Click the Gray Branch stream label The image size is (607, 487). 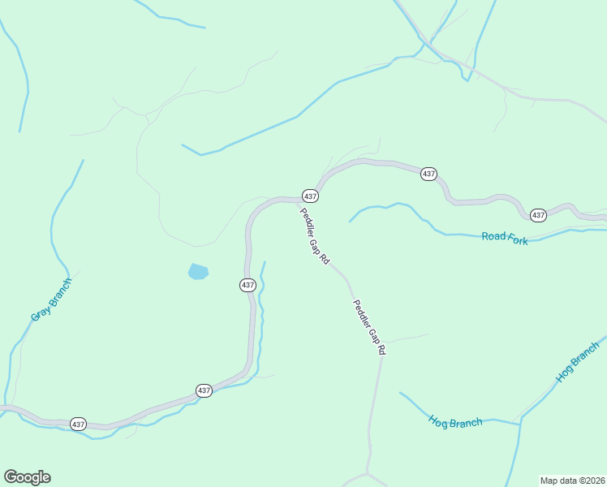pos(51,300)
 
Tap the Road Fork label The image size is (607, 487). pos(504,238)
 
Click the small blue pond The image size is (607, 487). pos(197,271)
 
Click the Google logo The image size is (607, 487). pos(27,477)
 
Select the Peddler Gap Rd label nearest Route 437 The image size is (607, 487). pos(314,236)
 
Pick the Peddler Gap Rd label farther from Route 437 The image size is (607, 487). pos(368,328)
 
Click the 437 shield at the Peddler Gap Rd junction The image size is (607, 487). pos(310,196)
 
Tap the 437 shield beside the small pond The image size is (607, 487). pos(248,285)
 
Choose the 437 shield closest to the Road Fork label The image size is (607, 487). pos(538,215)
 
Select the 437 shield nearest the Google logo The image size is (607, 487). pos(78,424)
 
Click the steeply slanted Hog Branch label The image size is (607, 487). pos(577,362)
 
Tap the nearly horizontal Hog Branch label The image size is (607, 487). pos(455,421)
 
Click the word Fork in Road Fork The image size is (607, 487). pos(517,239)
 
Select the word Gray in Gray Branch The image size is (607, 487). pos(41,310)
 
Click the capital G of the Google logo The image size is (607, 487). pos(11,476)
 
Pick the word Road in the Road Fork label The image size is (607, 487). pos(493,236)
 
